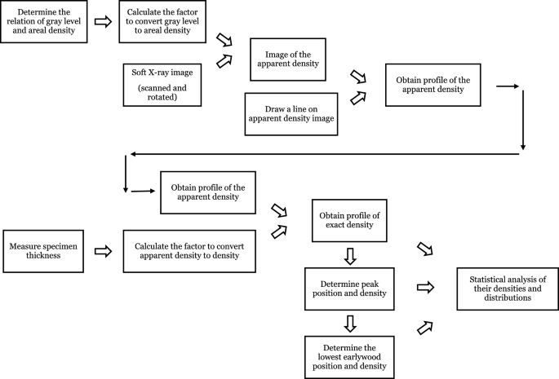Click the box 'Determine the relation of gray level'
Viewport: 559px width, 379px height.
coord(44,22)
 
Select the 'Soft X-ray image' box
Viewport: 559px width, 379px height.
coord(162,84)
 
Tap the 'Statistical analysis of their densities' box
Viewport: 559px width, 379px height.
coord(501,288)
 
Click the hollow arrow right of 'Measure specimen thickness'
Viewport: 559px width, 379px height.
coord(103,251)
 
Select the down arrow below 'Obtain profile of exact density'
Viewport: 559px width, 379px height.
coord(348,256)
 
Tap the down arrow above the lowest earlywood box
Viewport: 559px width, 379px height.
coord(348,323)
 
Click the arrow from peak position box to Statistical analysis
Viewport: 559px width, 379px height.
coord(424,287)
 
